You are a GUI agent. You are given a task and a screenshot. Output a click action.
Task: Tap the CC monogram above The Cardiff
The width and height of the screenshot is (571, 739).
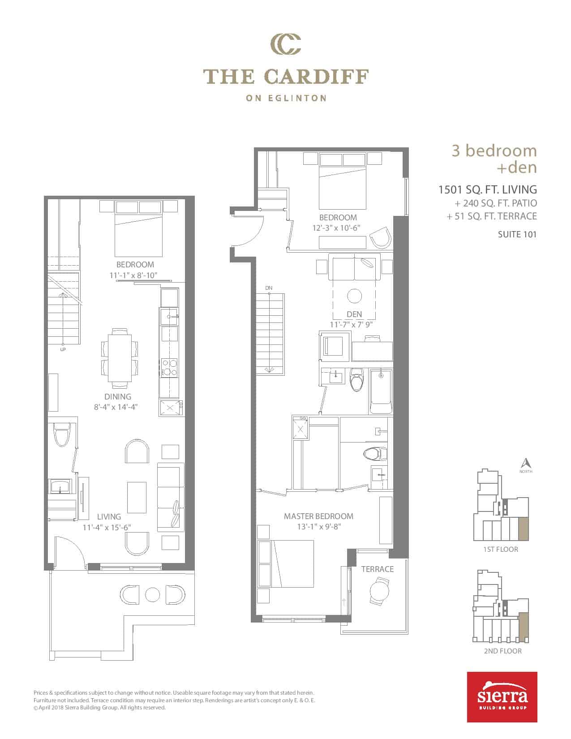click(286, 44)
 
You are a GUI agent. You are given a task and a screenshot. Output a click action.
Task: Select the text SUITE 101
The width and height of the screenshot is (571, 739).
click(517, 234)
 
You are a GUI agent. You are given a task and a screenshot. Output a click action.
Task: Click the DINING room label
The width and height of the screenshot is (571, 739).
click(118, 396)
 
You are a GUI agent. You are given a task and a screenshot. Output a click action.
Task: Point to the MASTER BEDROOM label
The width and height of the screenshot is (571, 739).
click(319, 516)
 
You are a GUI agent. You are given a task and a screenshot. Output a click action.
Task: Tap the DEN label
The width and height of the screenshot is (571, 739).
click(354, 314)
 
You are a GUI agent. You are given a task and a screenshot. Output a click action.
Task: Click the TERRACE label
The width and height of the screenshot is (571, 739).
click(378, 569)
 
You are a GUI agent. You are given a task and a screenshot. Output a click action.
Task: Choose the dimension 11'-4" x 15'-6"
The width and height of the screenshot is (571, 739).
click(107, 528)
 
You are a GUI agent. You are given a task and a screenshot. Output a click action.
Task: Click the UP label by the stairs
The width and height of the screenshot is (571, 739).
click(63, 349)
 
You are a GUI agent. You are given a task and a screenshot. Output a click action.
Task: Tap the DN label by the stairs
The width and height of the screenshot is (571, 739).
click(269, 288)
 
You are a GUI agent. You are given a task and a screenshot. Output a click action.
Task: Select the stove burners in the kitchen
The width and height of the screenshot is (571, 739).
click(169, 368)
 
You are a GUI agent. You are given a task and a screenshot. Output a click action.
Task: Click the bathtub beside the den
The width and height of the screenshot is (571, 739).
click(381, 391)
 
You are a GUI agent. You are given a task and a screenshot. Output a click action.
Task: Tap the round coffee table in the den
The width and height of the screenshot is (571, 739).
click(355, 296)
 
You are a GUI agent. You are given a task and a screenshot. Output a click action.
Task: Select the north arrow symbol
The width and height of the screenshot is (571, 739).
click(526, 463)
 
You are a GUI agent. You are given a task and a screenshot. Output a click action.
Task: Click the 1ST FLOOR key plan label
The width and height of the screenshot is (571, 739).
click(501, 550)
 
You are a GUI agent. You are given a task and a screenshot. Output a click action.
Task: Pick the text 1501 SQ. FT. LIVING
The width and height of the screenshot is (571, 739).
click(488, 189)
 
